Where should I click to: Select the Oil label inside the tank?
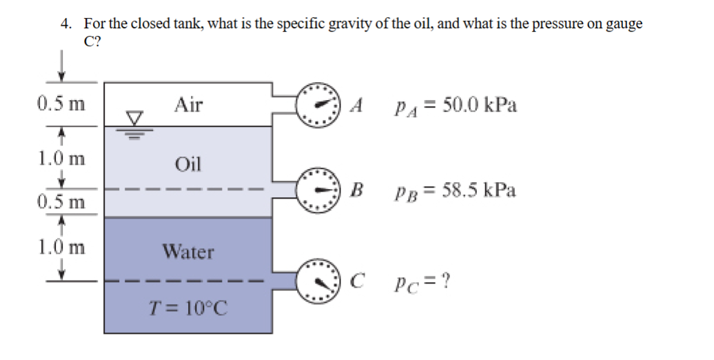[188, 164]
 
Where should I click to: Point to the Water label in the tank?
[188, 252]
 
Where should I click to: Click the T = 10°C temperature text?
[188, 308]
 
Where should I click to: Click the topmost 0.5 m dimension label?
[61, 106]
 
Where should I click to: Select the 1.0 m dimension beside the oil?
[61, 159]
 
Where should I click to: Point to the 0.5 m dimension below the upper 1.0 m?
[61, 203]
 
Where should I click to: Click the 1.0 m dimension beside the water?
[61, 246]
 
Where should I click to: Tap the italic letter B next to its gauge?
[356, 190]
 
